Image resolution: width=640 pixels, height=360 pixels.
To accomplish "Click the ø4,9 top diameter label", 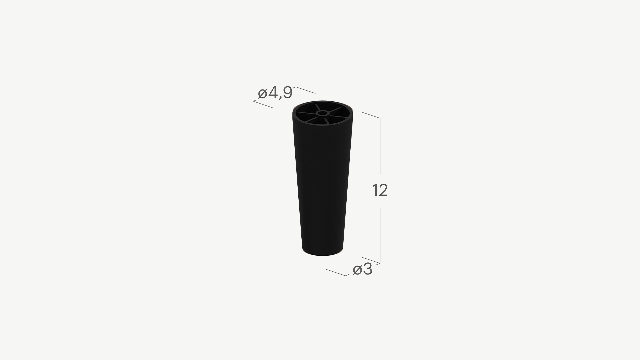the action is (x=275, y=93).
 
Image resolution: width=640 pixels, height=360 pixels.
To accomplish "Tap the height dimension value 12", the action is (x=380, y=190).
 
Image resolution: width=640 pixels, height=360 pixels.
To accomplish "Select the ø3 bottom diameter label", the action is (x=362, y=269).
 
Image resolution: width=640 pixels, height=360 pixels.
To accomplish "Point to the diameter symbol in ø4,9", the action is (x=262, y=94).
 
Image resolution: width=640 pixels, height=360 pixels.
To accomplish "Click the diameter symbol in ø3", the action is (x=357, y=270).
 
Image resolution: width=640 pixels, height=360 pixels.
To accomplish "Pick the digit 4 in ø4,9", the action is (x=273, y=93).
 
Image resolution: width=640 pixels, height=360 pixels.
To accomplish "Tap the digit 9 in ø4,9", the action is (x=287, y=93).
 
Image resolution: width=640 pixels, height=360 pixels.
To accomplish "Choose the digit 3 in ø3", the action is (x=367, y=269).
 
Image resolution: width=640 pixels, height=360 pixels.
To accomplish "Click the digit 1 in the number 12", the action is (x=375, y=190).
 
